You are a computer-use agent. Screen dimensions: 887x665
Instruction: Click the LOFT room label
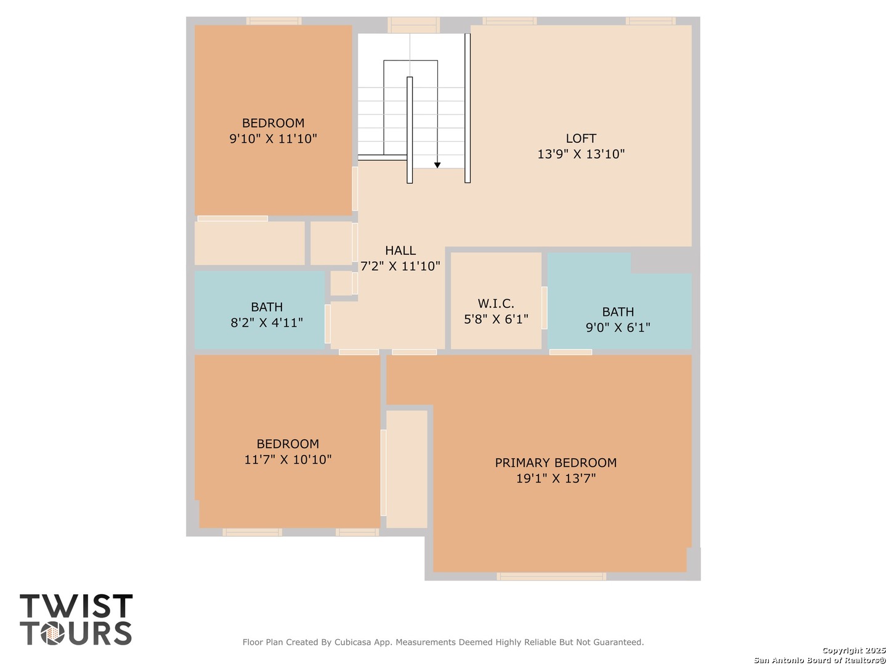580,139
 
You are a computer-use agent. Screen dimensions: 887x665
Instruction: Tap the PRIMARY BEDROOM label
556,462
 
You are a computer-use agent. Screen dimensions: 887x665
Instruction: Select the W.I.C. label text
495,303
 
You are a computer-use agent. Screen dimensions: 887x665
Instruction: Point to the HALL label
400,251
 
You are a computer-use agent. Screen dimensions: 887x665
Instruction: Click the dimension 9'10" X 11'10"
273,139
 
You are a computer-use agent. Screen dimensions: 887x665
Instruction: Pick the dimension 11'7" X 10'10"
288,459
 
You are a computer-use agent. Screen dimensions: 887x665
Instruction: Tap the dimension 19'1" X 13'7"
556,478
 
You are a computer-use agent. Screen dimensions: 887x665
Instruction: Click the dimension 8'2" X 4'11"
267,323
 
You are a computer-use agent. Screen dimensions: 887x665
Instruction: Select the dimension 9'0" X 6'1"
618,327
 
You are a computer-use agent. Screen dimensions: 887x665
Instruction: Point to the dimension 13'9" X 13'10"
581,154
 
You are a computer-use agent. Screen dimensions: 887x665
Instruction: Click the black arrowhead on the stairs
437,165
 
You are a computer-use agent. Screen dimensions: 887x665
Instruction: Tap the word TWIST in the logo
76,606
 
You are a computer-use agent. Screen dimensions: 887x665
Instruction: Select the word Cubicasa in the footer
351,642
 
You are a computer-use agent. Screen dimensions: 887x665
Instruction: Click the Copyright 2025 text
854,650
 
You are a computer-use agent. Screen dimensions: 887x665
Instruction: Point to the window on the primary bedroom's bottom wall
551,576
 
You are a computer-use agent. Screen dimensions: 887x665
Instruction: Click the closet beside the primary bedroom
407,469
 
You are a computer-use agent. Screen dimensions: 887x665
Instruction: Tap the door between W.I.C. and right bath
545,308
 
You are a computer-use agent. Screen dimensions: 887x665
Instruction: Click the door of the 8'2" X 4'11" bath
327,324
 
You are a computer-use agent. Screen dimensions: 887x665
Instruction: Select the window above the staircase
413,25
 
